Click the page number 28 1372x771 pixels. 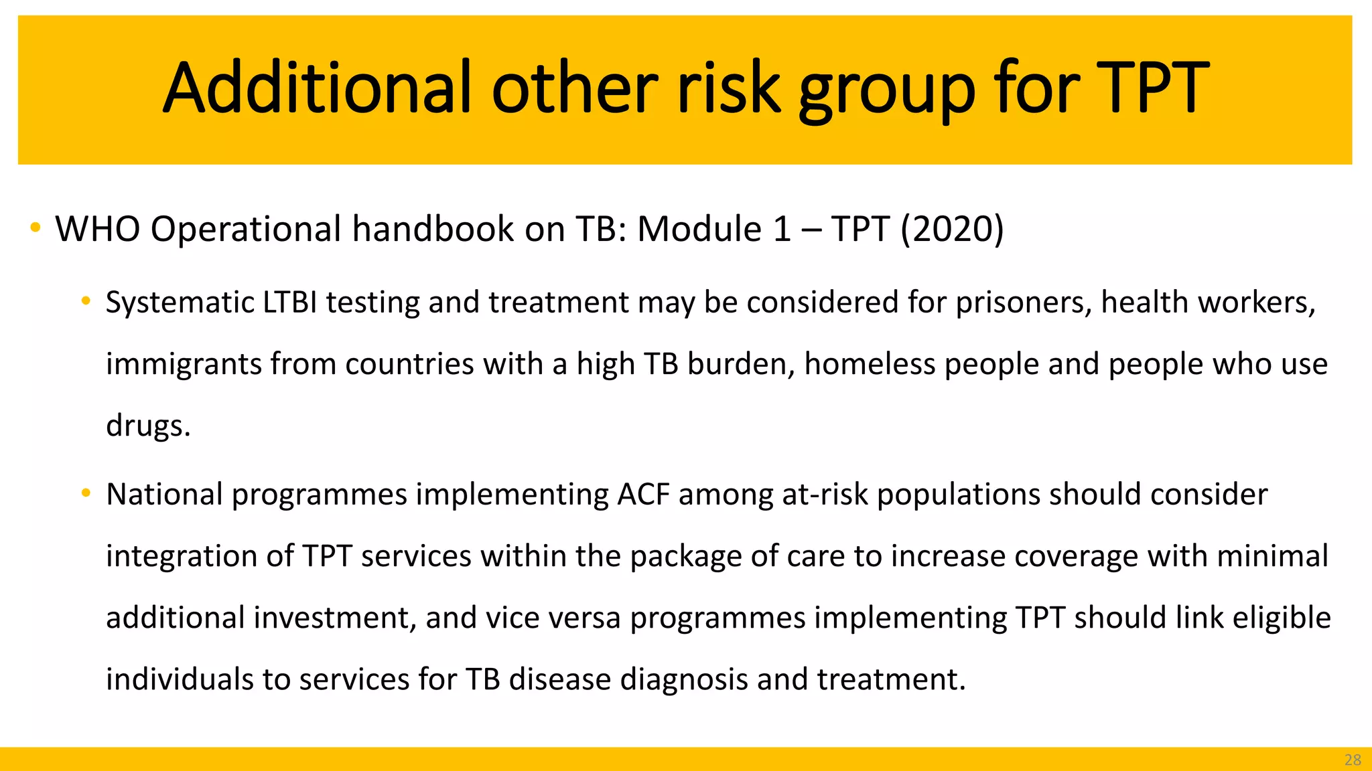1353,760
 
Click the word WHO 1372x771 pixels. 97,229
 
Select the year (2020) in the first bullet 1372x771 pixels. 952,229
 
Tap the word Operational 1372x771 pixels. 246,229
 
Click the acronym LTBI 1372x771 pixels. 289,303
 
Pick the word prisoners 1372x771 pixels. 1024,303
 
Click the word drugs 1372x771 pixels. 148,426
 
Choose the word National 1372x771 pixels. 164,495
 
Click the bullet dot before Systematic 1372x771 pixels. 86,302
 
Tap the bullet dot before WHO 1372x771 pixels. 36,228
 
